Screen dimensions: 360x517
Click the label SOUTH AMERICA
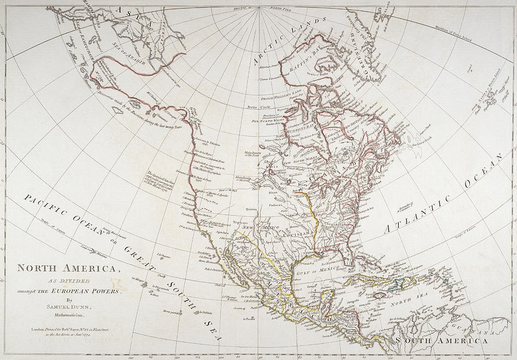pyautogui.click(x=445, y=340)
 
